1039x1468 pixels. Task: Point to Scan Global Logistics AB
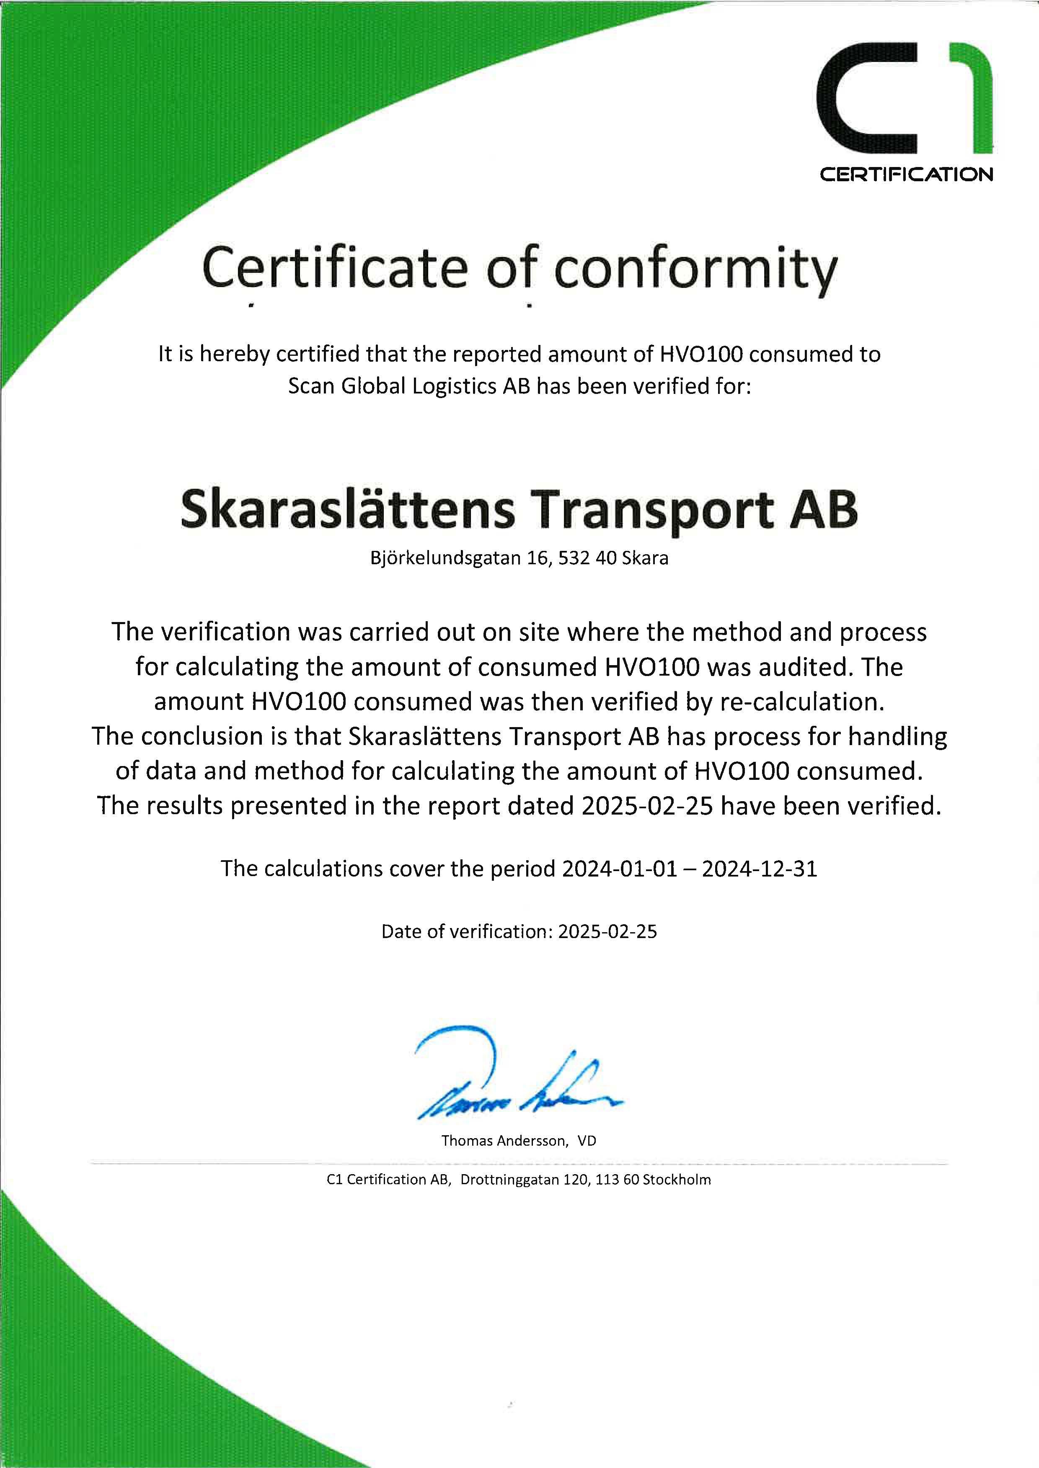[x=409, y=386]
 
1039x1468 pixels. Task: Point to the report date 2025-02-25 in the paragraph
[x=648, y=806]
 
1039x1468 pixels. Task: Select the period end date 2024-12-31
[x=760, y=868]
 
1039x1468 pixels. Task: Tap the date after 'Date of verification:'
[x=607, y=931]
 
